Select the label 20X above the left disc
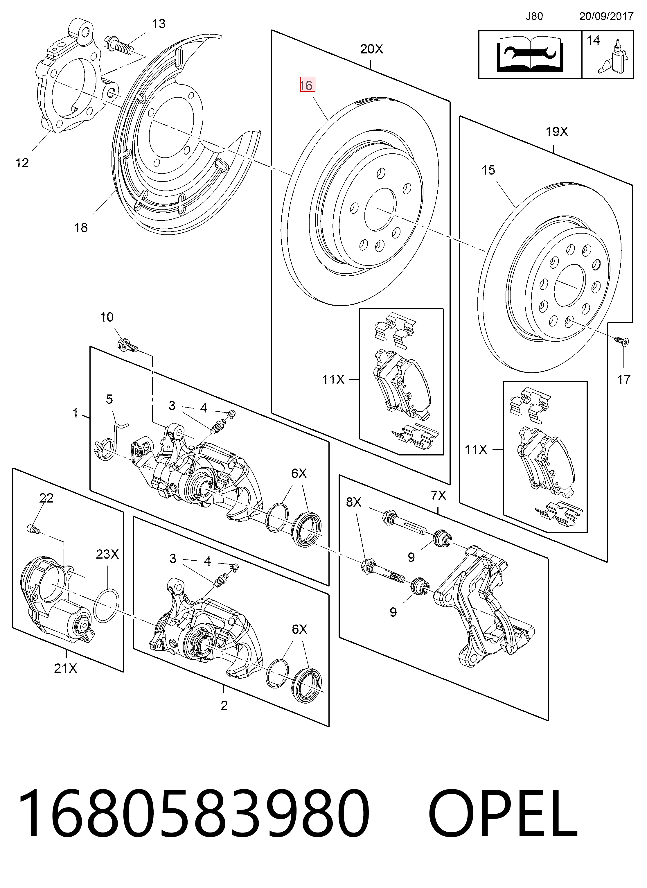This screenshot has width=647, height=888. (372, 49)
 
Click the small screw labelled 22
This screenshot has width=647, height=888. (34, 530)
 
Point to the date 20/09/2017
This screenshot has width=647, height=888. (606, 17)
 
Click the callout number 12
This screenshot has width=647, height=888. (22, 163)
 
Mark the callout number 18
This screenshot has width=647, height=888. (81, 227)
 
